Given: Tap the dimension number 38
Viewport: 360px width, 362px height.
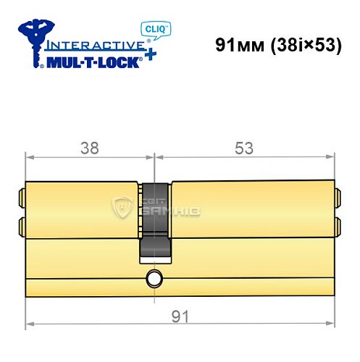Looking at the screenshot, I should click(89, 148).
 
